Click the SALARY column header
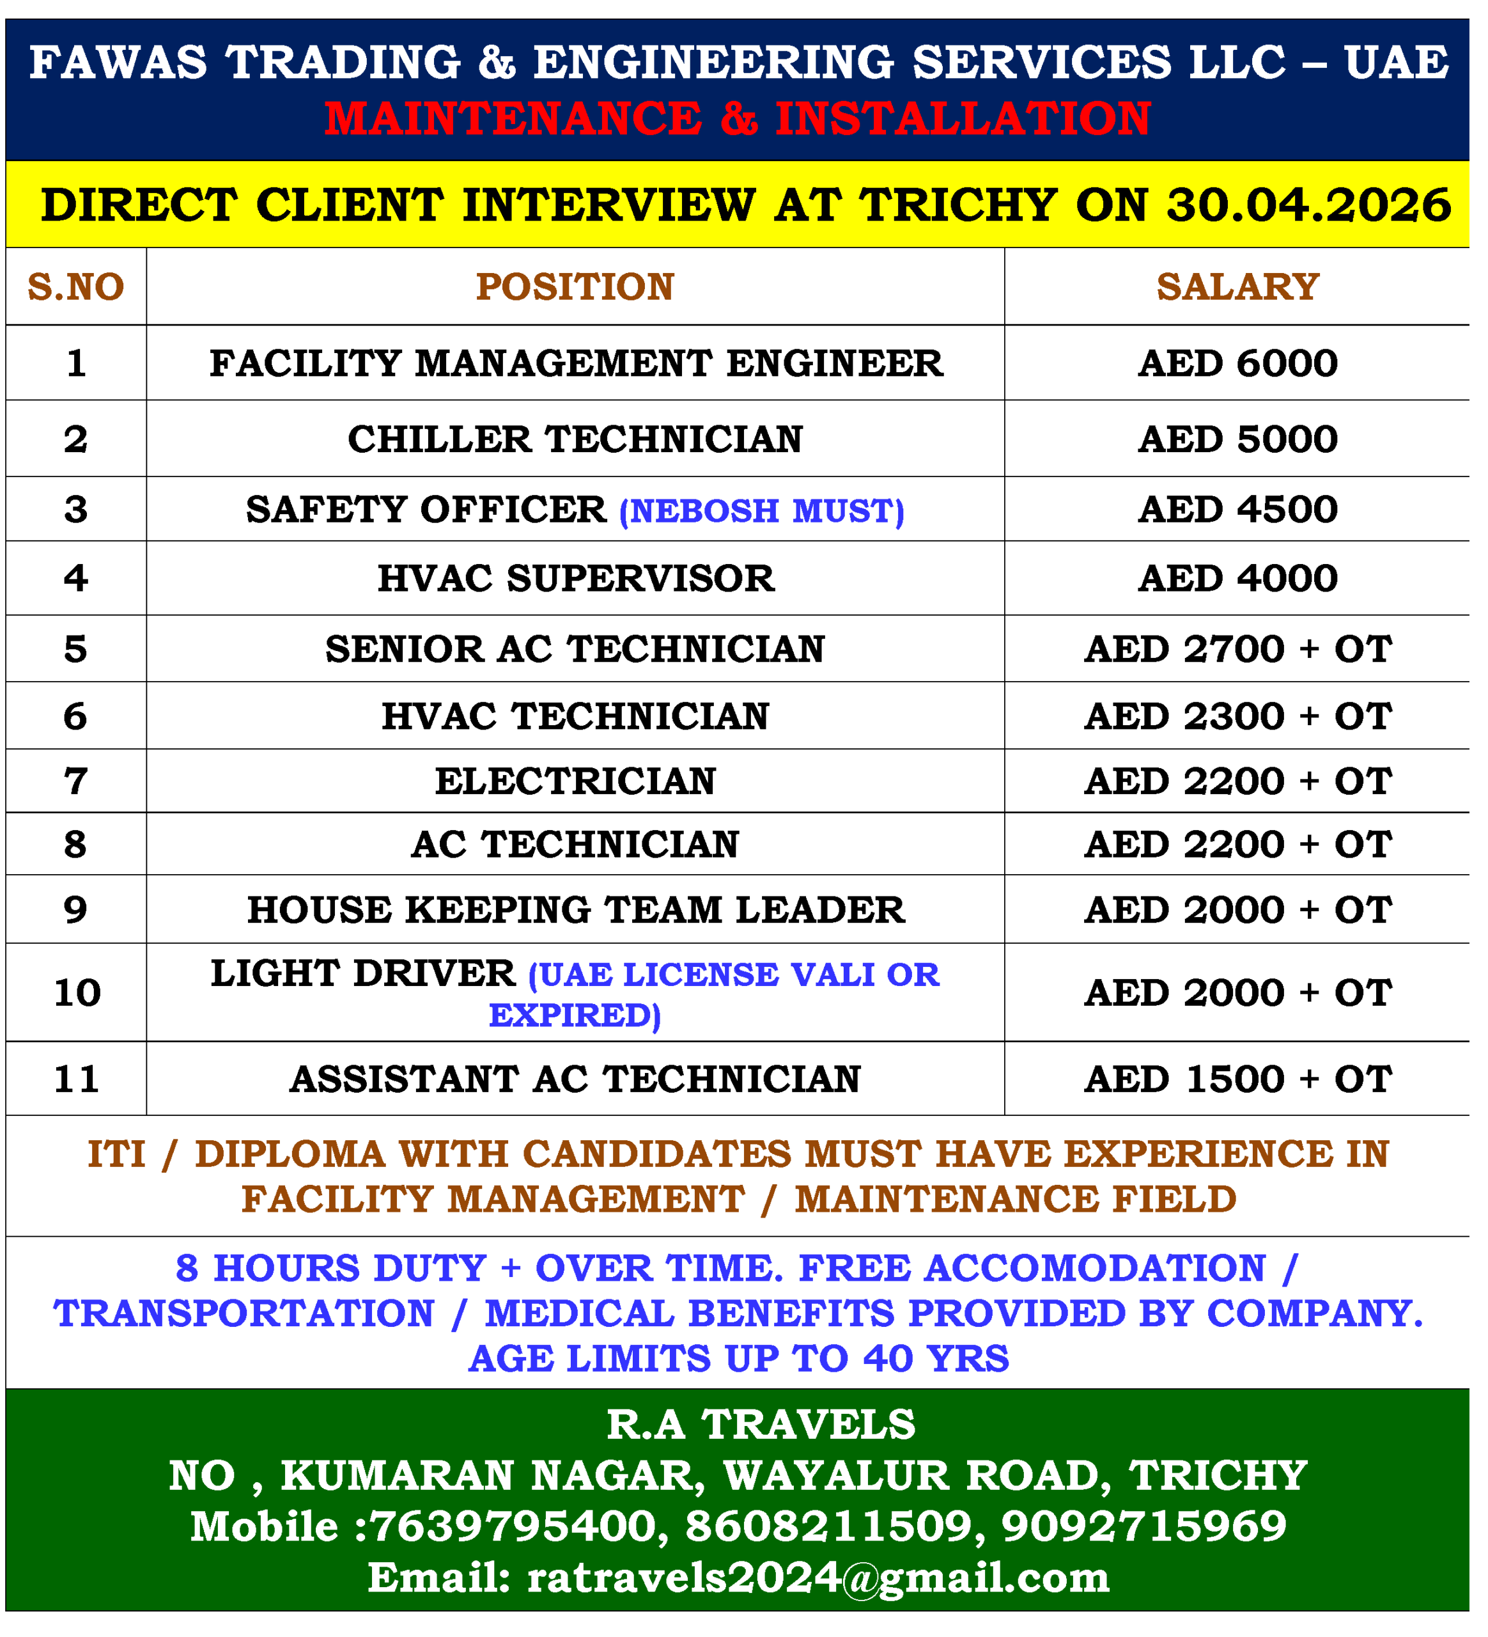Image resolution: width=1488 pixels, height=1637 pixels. pyautogui.click(x=1237, y=286)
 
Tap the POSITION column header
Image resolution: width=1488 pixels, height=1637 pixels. pyautogui.click(x=575, y=286)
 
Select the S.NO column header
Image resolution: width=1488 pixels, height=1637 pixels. pyautogui.click(x=75, y=286)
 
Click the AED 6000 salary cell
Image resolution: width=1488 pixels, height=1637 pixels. pyautogui.click(x=1237, y=363)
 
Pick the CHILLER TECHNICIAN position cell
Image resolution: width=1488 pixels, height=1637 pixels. pyautogui.click(x=575, y=439)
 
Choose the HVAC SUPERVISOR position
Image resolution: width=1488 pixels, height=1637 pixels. pyautogui.click(x=575, y=578)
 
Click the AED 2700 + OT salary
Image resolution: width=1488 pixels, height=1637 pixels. pyautogui.click(x=1237, y=649)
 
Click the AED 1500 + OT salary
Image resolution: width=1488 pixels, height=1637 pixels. pyautogui.click(x=1237, y=1079)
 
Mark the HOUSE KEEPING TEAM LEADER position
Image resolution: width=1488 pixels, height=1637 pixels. pyautogui.click(x=575, y=909)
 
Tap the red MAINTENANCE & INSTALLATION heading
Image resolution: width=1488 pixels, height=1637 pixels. pyautogui.click(x=737, y=118)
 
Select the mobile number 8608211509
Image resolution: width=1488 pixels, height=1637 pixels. pyautogui.click(x=829, y=1526)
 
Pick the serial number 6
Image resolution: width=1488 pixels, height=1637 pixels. pyautogui.click(x=75, y=716)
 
